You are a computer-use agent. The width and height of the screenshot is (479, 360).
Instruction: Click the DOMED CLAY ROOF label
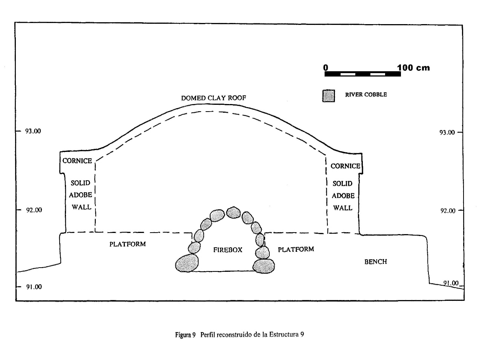tap(213, 98)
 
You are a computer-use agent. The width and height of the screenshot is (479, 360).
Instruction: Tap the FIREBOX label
tap(227, 250)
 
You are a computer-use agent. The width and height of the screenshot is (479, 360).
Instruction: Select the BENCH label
tap(376, 262)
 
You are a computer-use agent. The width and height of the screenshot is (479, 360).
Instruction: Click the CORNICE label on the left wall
tap(77, 161)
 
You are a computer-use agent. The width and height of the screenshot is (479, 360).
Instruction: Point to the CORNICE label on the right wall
tap(345, 166)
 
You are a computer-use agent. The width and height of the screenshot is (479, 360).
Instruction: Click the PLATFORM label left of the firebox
tap(127, 244)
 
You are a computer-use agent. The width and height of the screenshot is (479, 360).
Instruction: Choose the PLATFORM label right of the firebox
tap(296, 249)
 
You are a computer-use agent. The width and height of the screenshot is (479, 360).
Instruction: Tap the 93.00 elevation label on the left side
tap(33, 131)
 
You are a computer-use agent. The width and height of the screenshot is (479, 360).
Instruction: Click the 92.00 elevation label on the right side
tap(448, 211)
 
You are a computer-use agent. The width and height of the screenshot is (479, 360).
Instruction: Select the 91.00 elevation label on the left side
tap(34, 287)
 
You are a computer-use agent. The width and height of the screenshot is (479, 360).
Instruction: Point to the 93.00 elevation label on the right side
tap(447, 132)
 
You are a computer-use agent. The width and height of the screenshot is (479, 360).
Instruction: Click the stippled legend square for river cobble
tap(329, 96)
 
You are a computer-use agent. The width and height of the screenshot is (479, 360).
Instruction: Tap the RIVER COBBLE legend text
tap(366, 95)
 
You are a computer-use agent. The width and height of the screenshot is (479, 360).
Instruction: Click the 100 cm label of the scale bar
tap(413, 67)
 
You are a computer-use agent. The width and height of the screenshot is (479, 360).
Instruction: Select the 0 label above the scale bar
tap(325, 67)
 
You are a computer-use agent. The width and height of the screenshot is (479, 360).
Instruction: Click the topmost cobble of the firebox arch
tap(233, 212)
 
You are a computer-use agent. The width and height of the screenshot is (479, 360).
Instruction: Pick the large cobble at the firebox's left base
tap(187, 263)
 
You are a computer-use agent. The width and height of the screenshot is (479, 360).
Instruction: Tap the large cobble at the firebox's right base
tap(264, 266)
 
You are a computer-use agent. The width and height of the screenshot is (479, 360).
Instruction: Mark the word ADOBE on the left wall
tap(80, 195)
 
